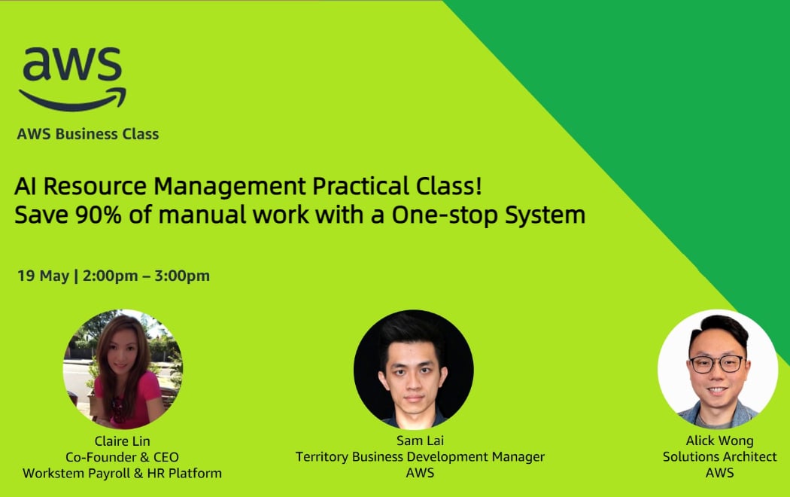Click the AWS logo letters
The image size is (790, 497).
[x=71, y=66]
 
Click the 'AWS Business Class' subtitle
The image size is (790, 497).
[x=88, y=134]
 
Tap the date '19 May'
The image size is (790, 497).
[x=43, y=276]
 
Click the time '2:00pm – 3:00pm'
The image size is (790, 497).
[x=147, y=276]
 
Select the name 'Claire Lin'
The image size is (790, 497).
[x=122, y=441]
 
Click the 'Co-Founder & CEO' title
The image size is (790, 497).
[x=122, y=457]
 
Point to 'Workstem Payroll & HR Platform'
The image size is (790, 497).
[x=122, y=474]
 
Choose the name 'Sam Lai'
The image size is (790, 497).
[x=420, y=441]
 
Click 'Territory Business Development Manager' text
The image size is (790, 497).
[x=420, y=457]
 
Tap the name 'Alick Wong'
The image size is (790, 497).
[x=719, y=441]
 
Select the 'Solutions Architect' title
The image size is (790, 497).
[x=719, y=457]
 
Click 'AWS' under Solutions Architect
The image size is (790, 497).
[x=719, y=473]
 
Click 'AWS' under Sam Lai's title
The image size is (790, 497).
[x=420, y=474]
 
